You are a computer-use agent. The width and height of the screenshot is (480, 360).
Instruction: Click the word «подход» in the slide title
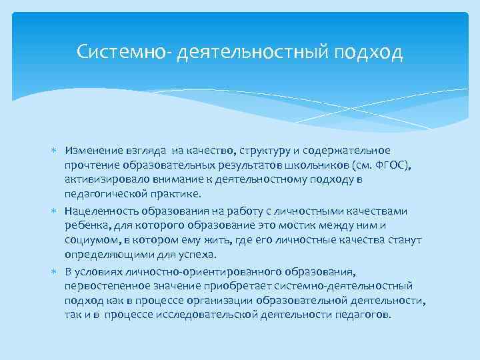click(372, 53)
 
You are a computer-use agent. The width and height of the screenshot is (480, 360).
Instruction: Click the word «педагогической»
click(103, 193)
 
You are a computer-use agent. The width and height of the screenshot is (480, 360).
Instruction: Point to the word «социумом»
click(90, 239)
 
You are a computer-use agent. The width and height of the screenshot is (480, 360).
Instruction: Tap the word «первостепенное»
click(103, 285)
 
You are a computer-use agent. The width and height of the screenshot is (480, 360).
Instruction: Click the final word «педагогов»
click(366, 314)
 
